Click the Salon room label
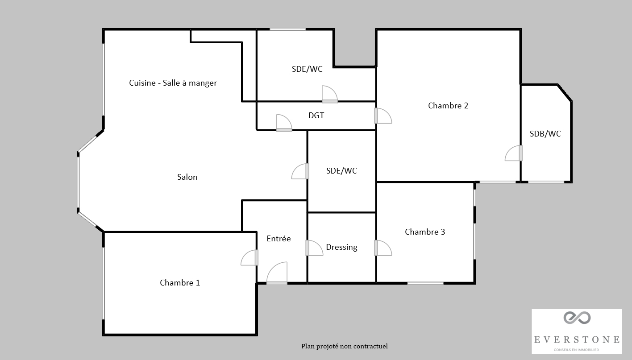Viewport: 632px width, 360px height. click(187, 177)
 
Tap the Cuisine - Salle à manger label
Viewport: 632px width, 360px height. click(173, 83)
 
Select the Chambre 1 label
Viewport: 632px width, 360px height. click(180, 283)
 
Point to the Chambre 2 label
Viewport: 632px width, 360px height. click(448, 106)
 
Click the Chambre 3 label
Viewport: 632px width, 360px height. click(425, 232)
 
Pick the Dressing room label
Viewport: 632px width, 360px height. click(342, 247)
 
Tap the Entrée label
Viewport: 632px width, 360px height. click(279, 239)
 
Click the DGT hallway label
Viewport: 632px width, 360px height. click(316, 115)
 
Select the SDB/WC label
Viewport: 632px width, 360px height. click(545, 134)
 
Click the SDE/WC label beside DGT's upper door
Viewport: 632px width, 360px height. click(307, 69)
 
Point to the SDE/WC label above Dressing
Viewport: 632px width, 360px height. click(341, 170)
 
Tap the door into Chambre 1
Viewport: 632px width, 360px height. click(249, 258)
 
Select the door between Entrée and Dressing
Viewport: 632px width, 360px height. click(314, 248)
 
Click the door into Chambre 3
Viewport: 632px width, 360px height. click(383, 248)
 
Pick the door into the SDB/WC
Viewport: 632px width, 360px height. click(513, 153)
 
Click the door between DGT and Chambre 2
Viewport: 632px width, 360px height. click(383, 116)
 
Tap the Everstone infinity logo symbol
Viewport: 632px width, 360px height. click(577, 318)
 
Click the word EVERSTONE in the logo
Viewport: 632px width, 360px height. click(577, 339)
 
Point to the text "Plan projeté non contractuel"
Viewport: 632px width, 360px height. click(345, 346)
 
